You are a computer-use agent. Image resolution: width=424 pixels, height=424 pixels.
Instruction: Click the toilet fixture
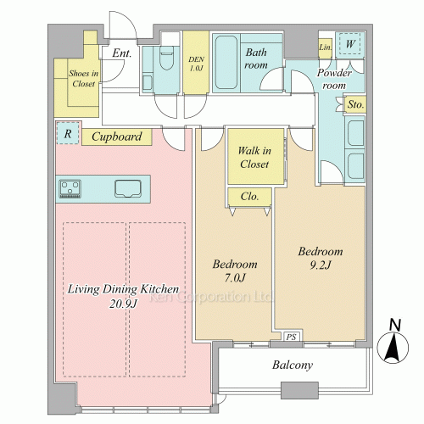(x=166, y=58)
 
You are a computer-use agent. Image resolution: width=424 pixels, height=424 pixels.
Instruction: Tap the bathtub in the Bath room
(x=226, y=63)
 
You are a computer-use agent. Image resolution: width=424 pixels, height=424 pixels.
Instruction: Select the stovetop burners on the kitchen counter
(x=70, y=188)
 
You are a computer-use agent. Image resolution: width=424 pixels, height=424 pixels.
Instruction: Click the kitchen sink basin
(x=128, y=188)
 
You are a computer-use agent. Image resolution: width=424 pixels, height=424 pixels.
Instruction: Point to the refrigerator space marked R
(x=68, y=133)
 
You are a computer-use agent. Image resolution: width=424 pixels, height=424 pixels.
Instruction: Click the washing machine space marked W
(x=350, y=44)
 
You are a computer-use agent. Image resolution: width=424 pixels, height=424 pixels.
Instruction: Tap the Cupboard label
(x=117, y=137)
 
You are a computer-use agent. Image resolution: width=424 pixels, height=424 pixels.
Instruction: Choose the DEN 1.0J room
(x=196, y=62)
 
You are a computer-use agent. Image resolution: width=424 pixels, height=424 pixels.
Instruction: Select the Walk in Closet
(x=256, y=156)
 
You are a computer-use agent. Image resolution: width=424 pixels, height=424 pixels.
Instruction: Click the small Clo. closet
(x=249, y=197)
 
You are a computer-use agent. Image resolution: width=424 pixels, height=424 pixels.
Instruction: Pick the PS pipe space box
(x=292, y=337)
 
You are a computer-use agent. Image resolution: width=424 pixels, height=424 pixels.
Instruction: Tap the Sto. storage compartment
(x=355, y=104)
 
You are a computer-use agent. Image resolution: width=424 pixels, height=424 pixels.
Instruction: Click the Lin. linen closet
(x=325, y=47)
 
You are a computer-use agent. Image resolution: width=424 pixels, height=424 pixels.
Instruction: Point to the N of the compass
(x=395, y=325)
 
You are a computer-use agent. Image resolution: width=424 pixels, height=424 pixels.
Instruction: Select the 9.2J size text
(x=321, y=265)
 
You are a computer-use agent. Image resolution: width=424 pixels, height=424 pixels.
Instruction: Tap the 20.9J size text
(x=123, y=304)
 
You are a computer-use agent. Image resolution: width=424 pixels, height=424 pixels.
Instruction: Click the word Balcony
(x=293, y=365)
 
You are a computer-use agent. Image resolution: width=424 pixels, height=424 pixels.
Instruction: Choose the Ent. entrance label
(x=122, y=53)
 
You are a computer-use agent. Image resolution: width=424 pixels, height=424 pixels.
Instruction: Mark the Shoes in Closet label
(x=84, y=78)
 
